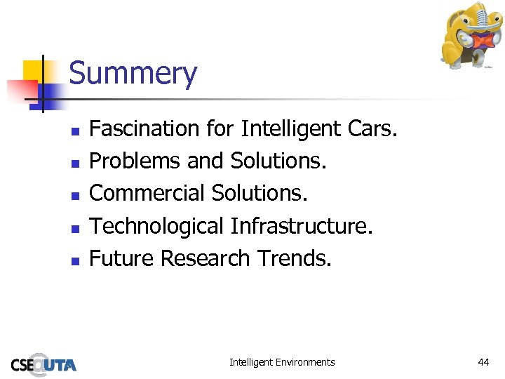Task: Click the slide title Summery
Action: coord(133,74)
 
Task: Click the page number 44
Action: coord(483,362)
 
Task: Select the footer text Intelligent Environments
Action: coord(282,362)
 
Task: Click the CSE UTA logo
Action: coord(43,364)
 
